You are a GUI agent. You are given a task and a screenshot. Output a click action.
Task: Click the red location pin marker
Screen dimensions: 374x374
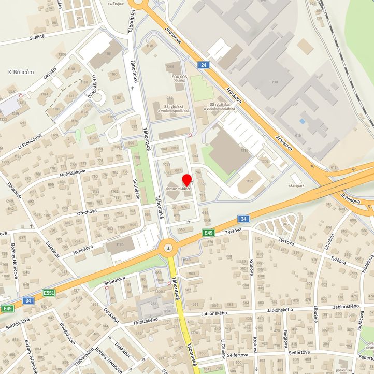(x=187, y=179)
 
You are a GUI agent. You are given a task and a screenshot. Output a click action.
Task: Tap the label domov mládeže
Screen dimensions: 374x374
(x=178, y=189)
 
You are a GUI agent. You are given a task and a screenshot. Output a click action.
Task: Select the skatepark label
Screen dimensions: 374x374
(x=297, y=185)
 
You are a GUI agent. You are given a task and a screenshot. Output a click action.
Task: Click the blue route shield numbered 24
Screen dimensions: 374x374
(x=203, y=65)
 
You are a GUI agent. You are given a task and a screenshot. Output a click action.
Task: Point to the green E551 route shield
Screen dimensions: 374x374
(x=49, y=293)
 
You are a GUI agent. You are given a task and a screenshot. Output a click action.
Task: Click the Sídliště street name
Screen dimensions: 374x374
(x=25, y=39)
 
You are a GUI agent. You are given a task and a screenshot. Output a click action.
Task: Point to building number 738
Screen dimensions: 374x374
(x=274, y=82)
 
